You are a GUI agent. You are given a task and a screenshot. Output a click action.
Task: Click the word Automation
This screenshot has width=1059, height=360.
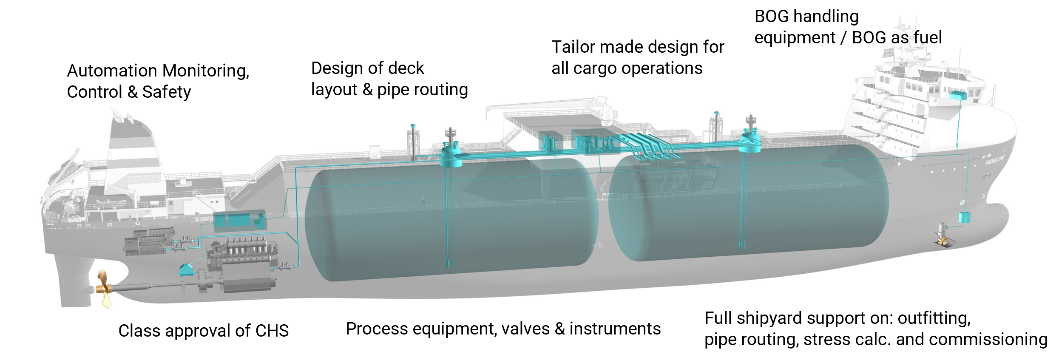tap(112, 71)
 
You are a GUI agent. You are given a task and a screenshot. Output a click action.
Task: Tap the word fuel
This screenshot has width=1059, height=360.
tap(928, 38)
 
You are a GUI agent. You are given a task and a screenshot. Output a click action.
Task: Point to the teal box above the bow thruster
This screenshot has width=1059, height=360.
tap(964, 218)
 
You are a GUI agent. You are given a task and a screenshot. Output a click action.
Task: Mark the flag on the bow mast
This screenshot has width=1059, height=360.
tap(888, 53)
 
